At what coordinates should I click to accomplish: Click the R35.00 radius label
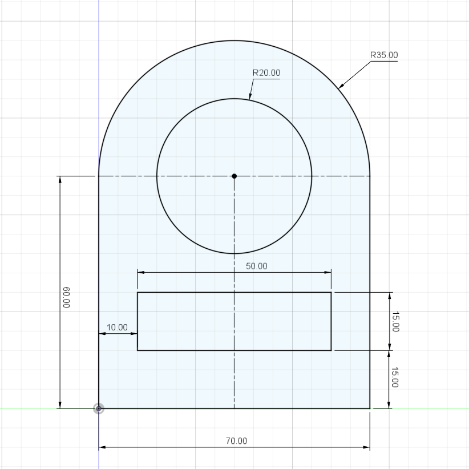click(384, 55)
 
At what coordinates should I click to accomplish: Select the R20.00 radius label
click(266, 72)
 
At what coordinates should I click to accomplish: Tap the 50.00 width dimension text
click(257, 266)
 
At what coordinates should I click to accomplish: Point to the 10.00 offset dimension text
click(117, 328)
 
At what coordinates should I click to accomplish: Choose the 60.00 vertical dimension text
click(66, 297)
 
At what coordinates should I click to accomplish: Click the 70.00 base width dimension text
click(237, 441)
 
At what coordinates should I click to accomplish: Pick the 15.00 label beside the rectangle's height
click(395, 322)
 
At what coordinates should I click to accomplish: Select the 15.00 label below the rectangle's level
click(395, 377)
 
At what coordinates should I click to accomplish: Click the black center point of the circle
click(234, 176)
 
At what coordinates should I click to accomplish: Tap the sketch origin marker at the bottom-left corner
click(99, 409)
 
